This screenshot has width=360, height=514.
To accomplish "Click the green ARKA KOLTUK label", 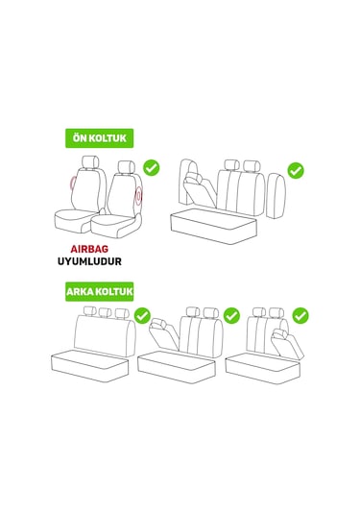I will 99,290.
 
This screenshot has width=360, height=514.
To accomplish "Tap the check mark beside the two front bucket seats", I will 152,168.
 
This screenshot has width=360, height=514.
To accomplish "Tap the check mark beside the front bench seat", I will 296,170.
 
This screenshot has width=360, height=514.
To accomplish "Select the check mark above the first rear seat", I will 142,315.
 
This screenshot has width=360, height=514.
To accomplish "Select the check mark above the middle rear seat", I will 231,315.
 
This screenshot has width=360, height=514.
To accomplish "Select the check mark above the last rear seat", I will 300,315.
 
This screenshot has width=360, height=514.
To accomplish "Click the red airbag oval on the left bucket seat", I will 74,184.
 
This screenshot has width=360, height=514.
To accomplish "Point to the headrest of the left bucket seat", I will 91,163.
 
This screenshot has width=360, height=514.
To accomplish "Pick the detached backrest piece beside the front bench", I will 276,192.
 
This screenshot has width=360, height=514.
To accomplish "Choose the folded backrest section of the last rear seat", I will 285,341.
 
